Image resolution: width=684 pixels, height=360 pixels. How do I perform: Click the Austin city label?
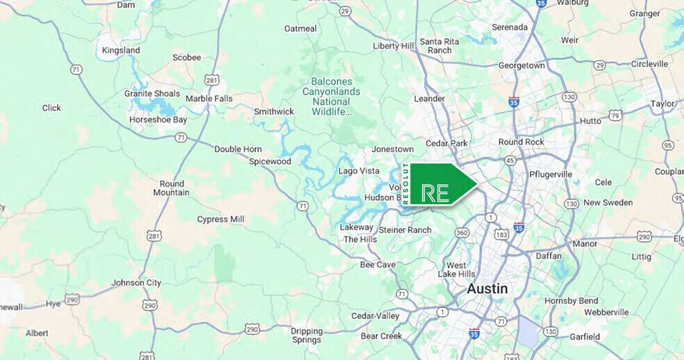pyautogui.click(x=487, y=288)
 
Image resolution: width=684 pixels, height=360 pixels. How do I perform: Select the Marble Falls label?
pyautogui.click(x=209, y=99)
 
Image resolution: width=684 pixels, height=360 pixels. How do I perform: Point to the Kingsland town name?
pyautogui.click(x=121, y=51)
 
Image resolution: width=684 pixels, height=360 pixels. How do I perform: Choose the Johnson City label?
pyautogui.click(x=136, y=283)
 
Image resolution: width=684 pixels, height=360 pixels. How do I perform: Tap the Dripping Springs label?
pyautogui.click(x=307, y=335)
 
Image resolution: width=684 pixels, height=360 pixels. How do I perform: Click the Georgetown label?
pyautogui.click(x=521, y=65)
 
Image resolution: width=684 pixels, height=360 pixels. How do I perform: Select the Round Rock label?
pyautogui.click(x=521, y=142)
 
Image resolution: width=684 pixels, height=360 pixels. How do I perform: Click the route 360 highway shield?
pyautogui.click(x=462, y=232)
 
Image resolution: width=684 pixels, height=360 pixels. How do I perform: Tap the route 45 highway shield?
pyautogui.click(x=510, y=161)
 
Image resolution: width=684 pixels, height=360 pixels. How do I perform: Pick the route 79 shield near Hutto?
pyautogui.click(x=614, y=115)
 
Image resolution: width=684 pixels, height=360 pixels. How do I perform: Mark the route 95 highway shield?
pyautogui.click(x=668, y=145)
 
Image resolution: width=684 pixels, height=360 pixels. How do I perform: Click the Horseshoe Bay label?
pyautogui.click(x=158, y=120)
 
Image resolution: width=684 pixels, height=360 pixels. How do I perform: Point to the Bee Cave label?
pyautogui.click(x=377, y=265)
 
